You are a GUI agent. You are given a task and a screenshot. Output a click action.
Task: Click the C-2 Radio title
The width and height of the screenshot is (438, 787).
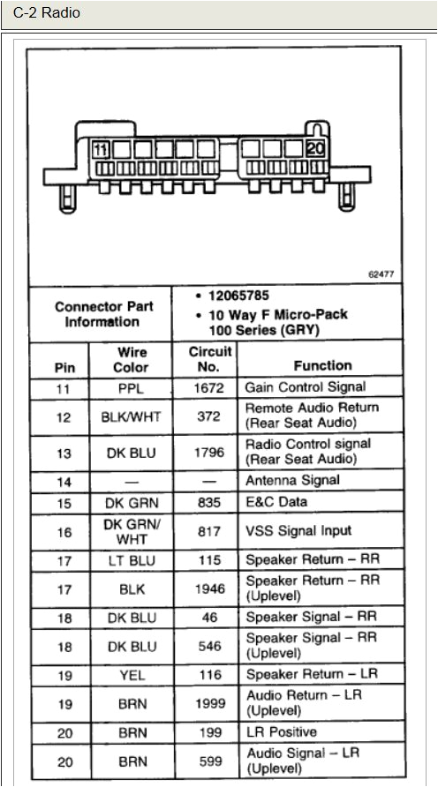(46, 13)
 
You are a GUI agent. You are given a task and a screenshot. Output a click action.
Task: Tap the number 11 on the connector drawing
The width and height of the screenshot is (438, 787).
(102, 149)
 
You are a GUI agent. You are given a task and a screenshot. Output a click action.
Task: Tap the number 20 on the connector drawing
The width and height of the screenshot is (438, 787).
(316, 148)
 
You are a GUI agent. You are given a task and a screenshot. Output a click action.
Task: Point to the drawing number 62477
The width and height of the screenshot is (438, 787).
(381, 274)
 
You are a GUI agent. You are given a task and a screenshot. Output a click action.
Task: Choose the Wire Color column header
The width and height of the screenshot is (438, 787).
(131, 359)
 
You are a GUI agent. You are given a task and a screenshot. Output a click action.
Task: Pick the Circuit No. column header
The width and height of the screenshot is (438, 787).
(209, 358)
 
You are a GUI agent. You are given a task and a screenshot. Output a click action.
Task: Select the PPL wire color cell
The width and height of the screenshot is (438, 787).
(131, 387)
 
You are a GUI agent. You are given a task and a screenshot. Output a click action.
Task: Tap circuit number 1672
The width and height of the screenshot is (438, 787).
(209, 387)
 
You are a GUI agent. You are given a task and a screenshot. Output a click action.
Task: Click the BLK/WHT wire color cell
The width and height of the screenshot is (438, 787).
(131, 416)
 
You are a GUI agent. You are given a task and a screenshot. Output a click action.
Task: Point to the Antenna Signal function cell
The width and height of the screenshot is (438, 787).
(292, 481)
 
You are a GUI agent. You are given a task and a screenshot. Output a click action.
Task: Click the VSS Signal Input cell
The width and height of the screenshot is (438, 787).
(298, 530)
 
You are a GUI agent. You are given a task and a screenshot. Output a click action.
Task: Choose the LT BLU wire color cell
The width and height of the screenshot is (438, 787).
(131, 559)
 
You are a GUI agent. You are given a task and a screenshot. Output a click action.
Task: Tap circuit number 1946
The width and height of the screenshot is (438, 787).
(209, 588)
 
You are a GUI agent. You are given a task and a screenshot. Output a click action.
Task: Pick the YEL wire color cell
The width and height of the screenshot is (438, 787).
(131, 674)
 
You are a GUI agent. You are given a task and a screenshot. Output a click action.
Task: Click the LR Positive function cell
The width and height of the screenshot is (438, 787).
(281, 732)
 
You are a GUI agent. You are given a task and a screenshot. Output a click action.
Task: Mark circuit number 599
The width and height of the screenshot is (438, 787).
(209, 761)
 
